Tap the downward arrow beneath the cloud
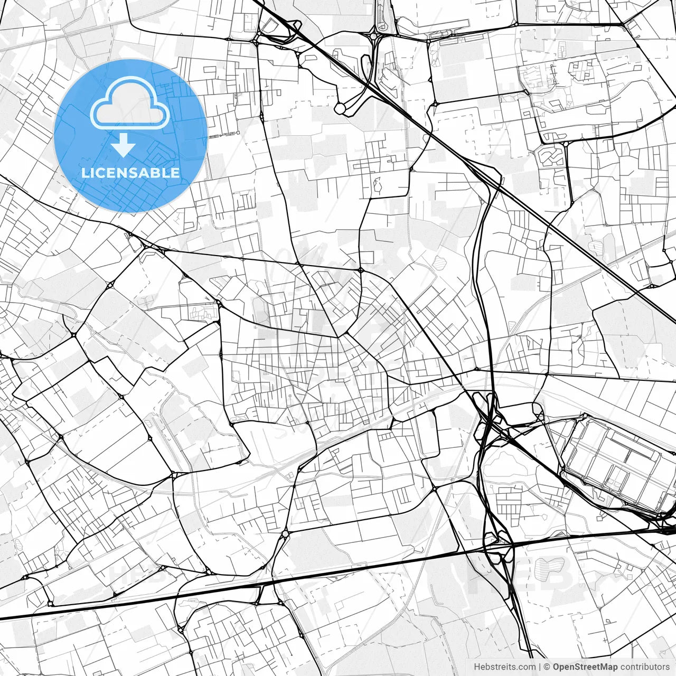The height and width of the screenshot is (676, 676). pos(124,145)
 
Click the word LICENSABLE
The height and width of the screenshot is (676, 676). pos(130,173)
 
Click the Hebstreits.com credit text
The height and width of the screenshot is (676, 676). pos(504,667)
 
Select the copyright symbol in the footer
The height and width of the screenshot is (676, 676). pos(547,667)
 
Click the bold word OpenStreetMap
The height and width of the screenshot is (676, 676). pos(585,667)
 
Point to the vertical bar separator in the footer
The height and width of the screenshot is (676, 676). pos(540,667)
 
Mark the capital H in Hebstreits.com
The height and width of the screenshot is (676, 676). pos(477,667)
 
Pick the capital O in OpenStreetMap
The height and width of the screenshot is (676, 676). pos(557,667)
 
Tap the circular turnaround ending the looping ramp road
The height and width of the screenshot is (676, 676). pos(340,108)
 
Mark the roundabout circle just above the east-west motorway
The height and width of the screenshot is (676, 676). pos(285,534)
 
